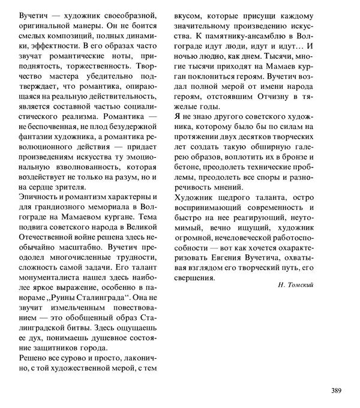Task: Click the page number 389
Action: (335, 391)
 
